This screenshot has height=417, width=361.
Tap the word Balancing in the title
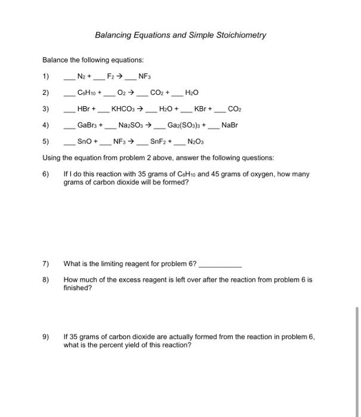point(113,35)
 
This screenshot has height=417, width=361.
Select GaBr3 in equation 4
point(88,126)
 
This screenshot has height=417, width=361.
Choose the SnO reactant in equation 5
point(85,142)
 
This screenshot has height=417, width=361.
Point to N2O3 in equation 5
point(196,142)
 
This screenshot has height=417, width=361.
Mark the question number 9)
point(47,337)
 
